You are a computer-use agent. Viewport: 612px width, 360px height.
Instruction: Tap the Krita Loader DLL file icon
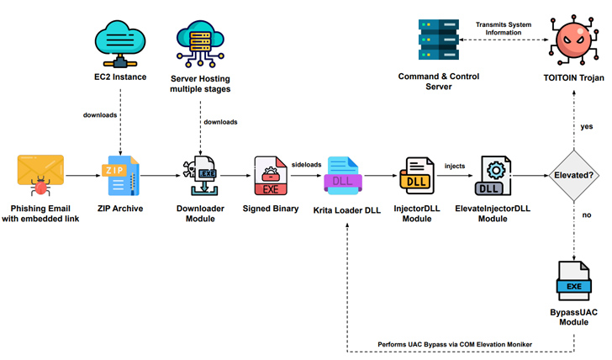[345, 176]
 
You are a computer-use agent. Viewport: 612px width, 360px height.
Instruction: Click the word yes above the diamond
[588, 126]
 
